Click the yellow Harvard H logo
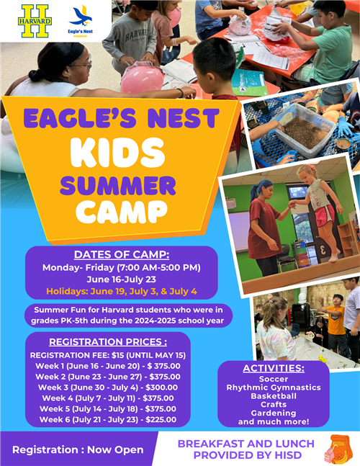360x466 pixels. coord(35,21)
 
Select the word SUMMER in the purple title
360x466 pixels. coord(118,185)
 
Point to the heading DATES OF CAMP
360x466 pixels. coord(122,254)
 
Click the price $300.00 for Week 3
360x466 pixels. coord(161,387)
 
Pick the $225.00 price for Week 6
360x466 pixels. coord(161,419)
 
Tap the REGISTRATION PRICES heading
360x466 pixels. coord(108,342)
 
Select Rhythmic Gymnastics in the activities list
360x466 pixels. coord(274,387)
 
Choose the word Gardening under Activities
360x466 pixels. coord(274,413)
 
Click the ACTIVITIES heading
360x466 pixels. coord(274,368)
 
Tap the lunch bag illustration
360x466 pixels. coord(338,450)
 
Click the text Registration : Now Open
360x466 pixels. coord(78,449)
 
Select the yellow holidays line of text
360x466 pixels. coord(122,291)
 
